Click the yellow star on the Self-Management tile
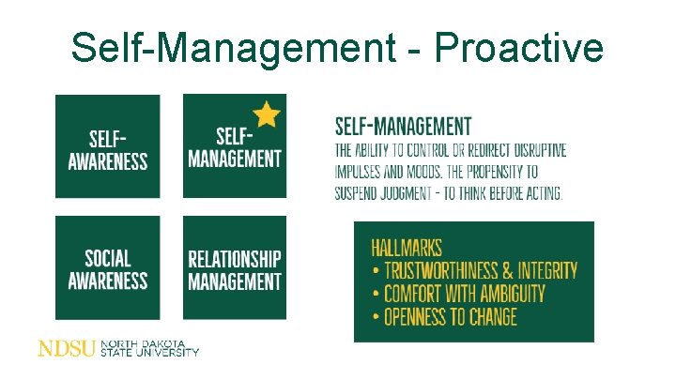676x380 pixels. coord(267,114)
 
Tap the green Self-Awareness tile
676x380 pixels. coord(107,146)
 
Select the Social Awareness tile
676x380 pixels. coord(107,267)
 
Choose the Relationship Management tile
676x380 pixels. coord(234,267)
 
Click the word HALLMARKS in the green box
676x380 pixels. coord(407,248)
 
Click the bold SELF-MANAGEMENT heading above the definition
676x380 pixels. coord(403,126)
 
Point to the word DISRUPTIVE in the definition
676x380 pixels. coord(530,151)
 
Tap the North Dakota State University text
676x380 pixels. coord(150,348)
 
